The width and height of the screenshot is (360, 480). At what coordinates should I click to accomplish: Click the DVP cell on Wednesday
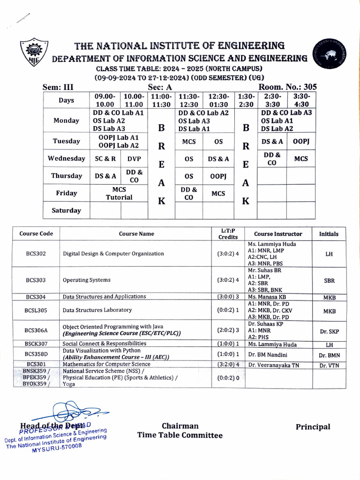click(134, 158)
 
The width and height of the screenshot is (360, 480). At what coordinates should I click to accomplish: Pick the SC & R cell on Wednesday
click(105, 158)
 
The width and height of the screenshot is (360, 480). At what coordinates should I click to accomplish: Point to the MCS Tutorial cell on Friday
click(119, 193)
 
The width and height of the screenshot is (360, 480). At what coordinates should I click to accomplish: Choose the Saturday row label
click(67, 210)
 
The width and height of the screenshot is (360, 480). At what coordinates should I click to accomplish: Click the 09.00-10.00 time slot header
click(105, 100)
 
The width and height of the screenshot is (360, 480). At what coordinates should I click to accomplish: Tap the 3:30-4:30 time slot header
click(301, 100)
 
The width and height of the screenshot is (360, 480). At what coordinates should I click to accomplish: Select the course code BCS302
click(36, 254)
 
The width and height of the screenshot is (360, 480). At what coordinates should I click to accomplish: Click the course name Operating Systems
click(87, 280)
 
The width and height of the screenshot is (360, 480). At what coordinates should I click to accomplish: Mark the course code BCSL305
click(36, 310)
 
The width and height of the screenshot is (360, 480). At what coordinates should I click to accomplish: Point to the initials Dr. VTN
click(329, 366)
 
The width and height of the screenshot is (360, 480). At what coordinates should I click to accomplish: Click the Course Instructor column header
click(278, 234)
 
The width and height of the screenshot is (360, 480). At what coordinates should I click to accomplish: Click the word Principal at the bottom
click(313, 427)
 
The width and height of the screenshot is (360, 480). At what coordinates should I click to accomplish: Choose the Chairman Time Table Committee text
click(180, 431)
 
